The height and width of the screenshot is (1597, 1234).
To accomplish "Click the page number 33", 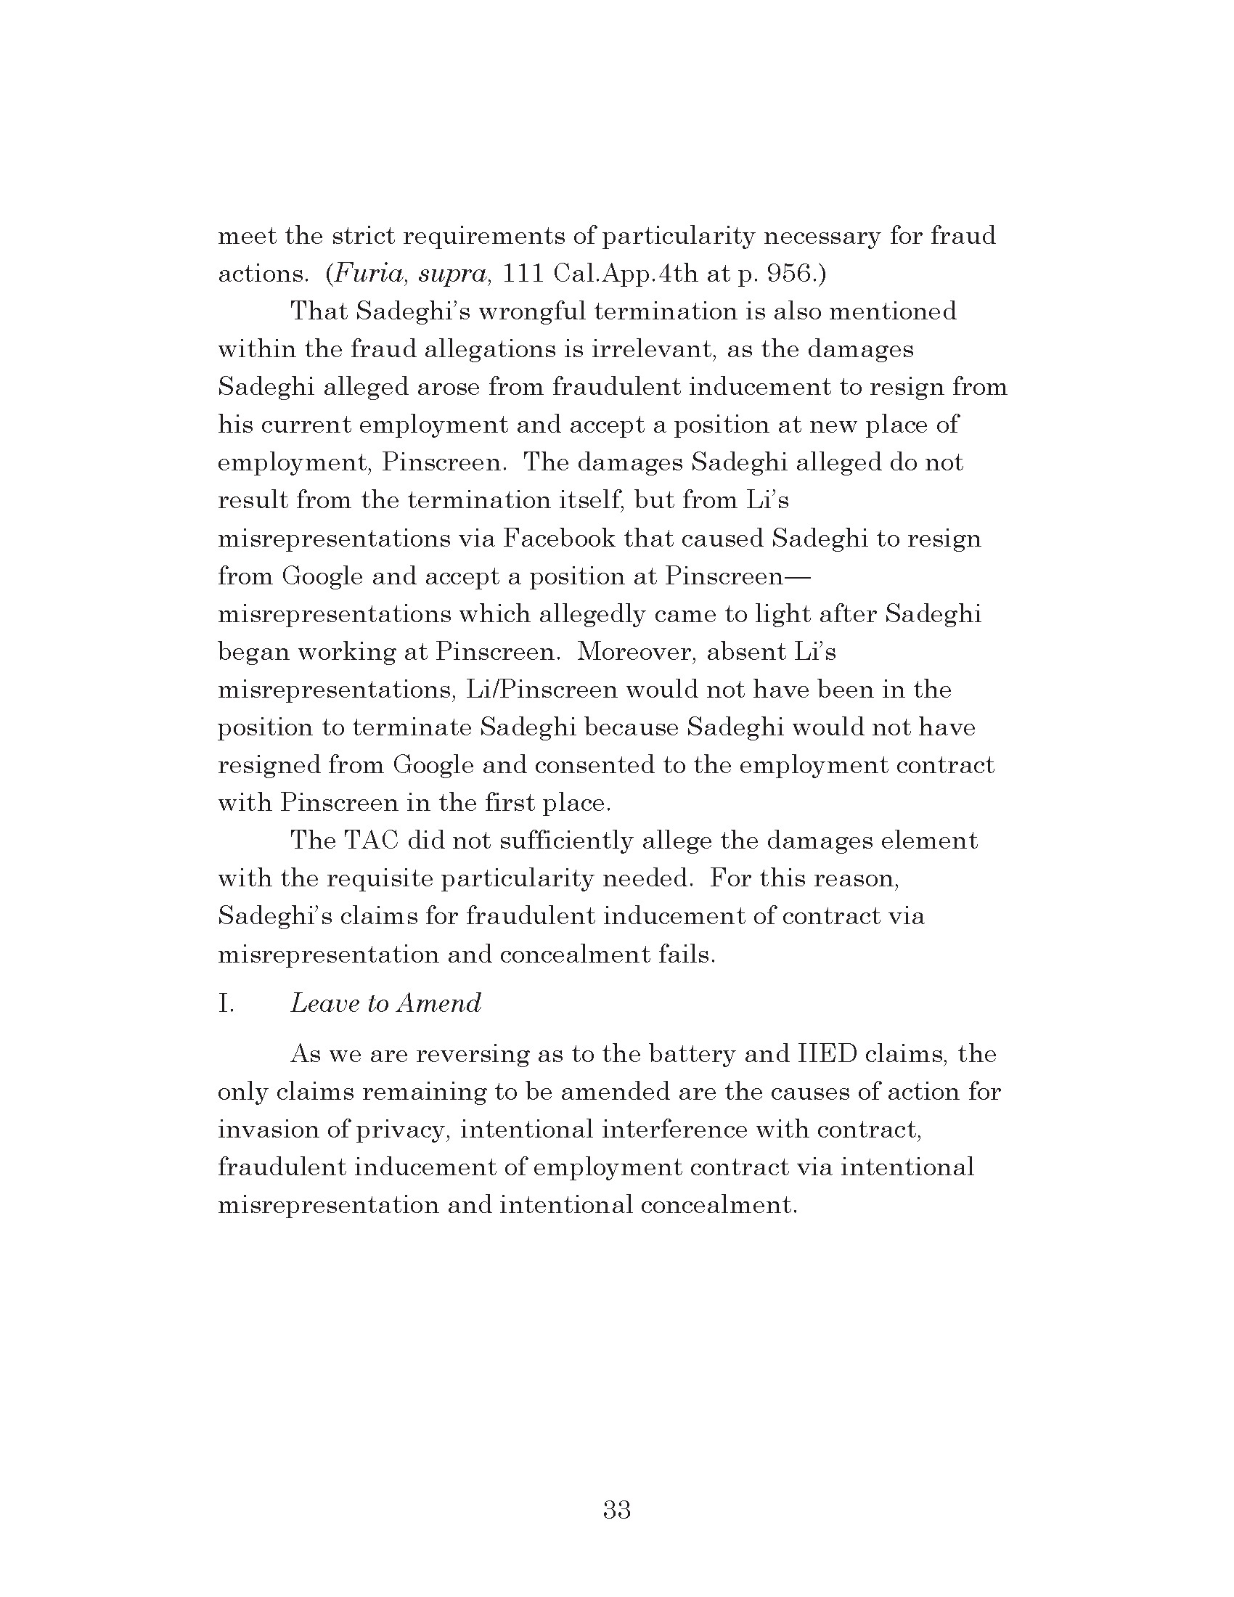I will click(616, 1509).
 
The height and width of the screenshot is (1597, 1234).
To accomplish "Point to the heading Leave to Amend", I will click(385, 1002).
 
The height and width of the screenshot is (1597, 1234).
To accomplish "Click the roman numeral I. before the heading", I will click(226, 1002).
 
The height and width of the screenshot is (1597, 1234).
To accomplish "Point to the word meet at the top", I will click(246, 236).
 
